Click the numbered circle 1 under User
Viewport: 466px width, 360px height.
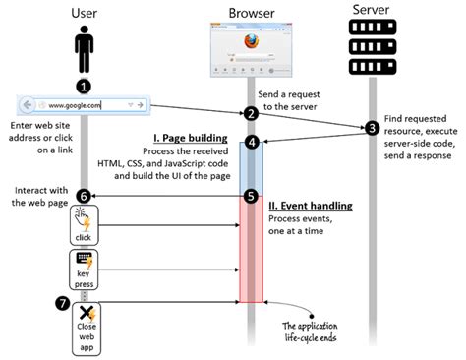pos(84,86)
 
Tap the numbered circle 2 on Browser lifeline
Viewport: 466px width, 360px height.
pos(252,114)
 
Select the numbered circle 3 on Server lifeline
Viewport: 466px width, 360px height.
pos(372,128)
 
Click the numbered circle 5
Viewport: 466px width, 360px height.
pos(252,196)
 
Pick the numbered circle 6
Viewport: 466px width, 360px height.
pos(84,196)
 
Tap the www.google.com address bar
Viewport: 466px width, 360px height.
pos(84,104)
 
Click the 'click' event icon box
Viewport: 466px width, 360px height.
pos(84,227)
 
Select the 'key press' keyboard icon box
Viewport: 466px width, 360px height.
pos(84,267)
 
